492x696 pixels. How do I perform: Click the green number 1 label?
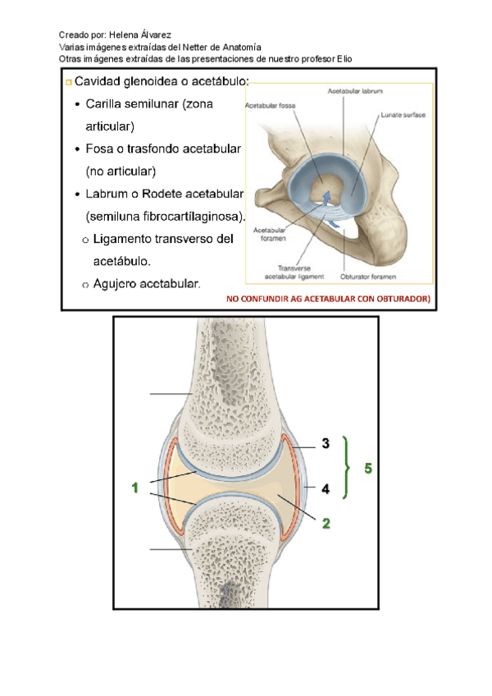tap(135, 488)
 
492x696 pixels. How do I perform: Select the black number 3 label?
tap(326, 444)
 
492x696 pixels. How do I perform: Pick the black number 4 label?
tap(326, 488)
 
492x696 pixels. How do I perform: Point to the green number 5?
tap(368, 469)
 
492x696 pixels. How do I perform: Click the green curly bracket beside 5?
tap(349, 465)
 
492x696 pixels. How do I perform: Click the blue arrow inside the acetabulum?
tap(327, 197)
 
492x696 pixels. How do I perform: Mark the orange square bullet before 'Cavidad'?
tap(68, 83)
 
